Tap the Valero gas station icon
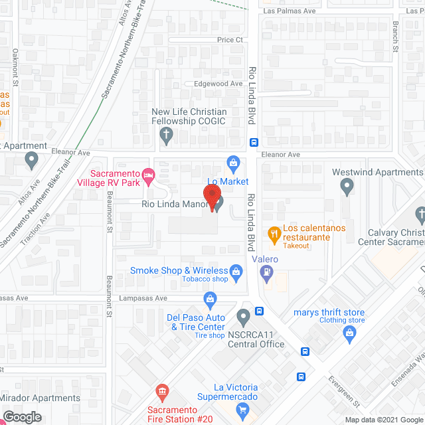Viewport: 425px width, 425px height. (267, 272)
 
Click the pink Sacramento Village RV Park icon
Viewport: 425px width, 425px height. (149, 176)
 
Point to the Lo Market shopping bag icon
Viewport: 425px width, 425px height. (233, 162)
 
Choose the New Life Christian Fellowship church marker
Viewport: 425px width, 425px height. (167, 137)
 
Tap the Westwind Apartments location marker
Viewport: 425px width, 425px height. (347, 188)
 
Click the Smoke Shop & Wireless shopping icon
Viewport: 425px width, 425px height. (235, 271)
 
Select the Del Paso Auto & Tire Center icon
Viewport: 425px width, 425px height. (211, 299)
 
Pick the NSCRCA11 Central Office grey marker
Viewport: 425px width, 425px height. (243, 315)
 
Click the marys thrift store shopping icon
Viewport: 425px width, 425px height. (351, 336)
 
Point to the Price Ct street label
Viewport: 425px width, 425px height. (230, 40)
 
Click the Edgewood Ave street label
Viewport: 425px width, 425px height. (218, 84)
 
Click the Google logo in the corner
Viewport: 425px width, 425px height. (21, 416)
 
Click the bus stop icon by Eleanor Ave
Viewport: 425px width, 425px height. (253, 142)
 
